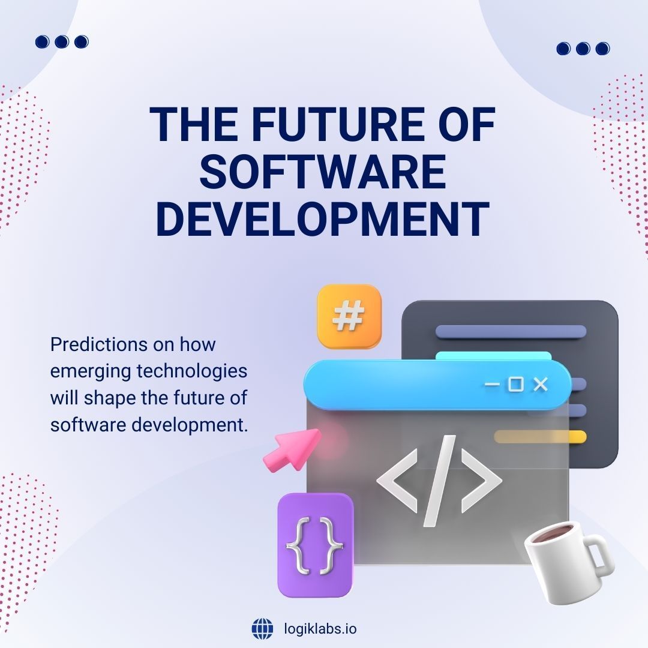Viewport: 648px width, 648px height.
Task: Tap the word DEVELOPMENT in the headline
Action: coord(323,218)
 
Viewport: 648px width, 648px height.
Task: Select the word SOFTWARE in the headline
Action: coord(323,172)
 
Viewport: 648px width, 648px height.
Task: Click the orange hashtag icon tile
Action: coord(349,316)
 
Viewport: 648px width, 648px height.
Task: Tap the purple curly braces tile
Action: coord(315,545)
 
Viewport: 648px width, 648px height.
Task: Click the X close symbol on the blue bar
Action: coord(541,385)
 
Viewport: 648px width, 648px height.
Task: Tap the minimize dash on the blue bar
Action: coord(492,385)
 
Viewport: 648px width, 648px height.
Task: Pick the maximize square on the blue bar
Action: coord(515,385)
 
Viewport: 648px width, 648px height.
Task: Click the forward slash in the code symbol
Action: coord(439,480)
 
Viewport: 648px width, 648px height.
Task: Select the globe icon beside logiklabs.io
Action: coord(262,629)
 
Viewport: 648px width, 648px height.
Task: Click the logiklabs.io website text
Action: coord(320,629)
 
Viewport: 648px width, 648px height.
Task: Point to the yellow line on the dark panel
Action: coord(540,437)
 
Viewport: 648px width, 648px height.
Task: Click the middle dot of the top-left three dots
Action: coord(62,41)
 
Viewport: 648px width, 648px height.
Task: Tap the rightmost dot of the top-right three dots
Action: coord(602,48)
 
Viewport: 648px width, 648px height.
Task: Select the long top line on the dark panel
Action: coord(511,331)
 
